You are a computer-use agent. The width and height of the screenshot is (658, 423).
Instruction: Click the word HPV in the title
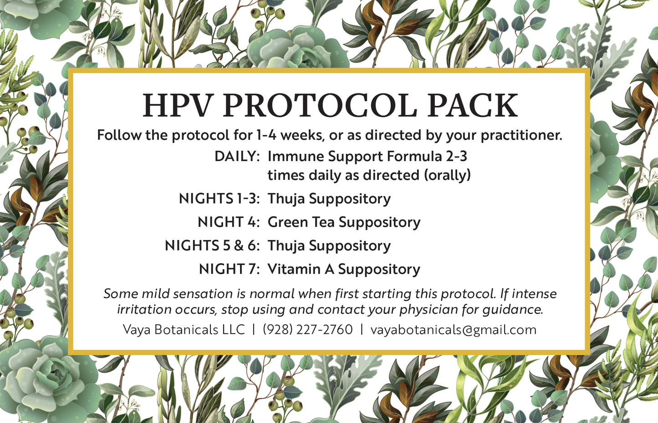178,106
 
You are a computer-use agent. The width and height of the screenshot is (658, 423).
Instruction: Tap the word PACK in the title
472,106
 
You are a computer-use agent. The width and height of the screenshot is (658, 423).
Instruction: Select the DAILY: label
237,156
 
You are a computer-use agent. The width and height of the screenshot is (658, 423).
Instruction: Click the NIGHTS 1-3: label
219,199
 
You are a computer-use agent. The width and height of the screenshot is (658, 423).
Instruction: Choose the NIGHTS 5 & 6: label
212,246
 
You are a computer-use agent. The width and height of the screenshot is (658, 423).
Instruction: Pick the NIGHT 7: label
229,269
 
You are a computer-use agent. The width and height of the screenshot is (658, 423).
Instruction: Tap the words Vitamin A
301,269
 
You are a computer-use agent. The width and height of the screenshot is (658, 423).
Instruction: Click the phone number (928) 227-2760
307,329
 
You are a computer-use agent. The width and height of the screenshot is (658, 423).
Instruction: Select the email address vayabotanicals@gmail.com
453,329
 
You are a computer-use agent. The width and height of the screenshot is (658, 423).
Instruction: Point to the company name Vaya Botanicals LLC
184,329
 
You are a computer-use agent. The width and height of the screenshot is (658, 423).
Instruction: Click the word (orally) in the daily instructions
447,175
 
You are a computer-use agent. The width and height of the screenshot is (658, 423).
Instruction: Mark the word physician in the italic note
429,310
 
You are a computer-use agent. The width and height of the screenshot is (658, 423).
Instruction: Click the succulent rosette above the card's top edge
298,48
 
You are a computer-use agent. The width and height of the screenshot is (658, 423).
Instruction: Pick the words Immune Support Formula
355,156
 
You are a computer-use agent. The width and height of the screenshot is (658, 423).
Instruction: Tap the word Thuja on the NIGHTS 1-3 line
286,199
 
